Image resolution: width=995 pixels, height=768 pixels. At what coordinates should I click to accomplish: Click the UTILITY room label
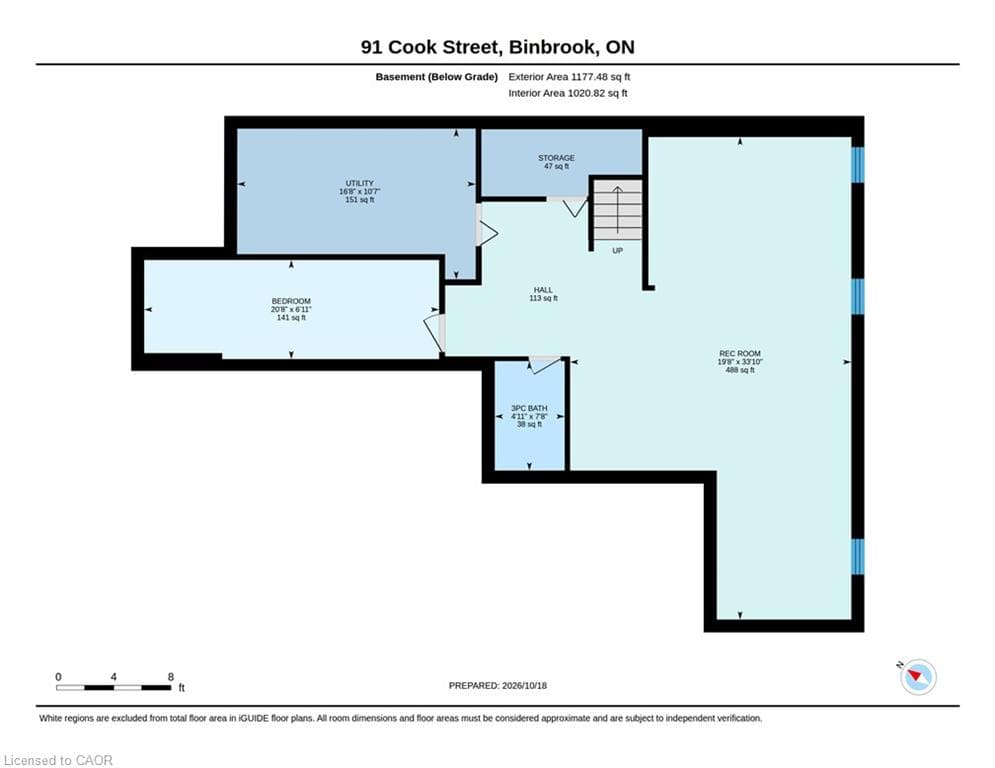360,183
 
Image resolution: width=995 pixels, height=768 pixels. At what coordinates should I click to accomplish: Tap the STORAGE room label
557,158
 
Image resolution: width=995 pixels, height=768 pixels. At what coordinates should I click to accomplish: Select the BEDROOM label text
291,301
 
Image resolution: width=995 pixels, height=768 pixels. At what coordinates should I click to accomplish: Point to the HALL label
543,290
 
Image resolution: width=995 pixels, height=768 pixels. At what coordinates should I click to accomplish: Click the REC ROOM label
740,354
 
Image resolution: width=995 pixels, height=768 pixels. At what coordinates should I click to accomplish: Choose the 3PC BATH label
529,408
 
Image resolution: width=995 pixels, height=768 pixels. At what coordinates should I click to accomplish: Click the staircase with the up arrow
617,210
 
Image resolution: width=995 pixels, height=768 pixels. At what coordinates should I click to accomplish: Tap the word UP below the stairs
617,251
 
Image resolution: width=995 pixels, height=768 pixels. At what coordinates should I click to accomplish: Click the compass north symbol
918,677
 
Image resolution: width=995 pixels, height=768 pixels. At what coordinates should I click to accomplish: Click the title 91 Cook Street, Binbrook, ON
498,47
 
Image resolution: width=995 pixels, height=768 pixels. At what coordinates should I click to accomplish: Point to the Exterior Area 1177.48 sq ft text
569,77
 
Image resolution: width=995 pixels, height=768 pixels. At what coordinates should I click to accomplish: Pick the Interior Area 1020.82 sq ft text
568,93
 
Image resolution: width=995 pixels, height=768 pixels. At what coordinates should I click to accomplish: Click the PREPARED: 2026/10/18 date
498,685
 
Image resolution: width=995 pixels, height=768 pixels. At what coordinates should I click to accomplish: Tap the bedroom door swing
432,332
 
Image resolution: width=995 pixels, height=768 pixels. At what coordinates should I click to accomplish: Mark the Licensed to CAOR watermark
58,760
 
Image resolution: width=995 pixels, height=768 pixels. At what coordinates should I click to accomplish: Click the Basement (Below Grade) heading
437,77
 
